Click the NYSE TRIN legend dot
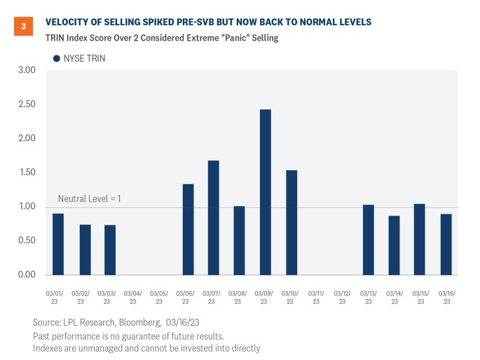(x=57, y=58)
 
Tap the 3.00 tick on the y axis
(x=27, y=70)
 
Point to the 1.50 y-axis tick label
(x=27, y=172)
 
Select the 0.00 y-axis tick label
(x=27, y=274)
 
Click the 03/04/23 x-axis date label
(x=133, y=297)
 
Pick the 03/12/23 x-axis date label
(x=342, y=297)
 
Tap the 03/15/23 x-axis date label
(x=420, y=297)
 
